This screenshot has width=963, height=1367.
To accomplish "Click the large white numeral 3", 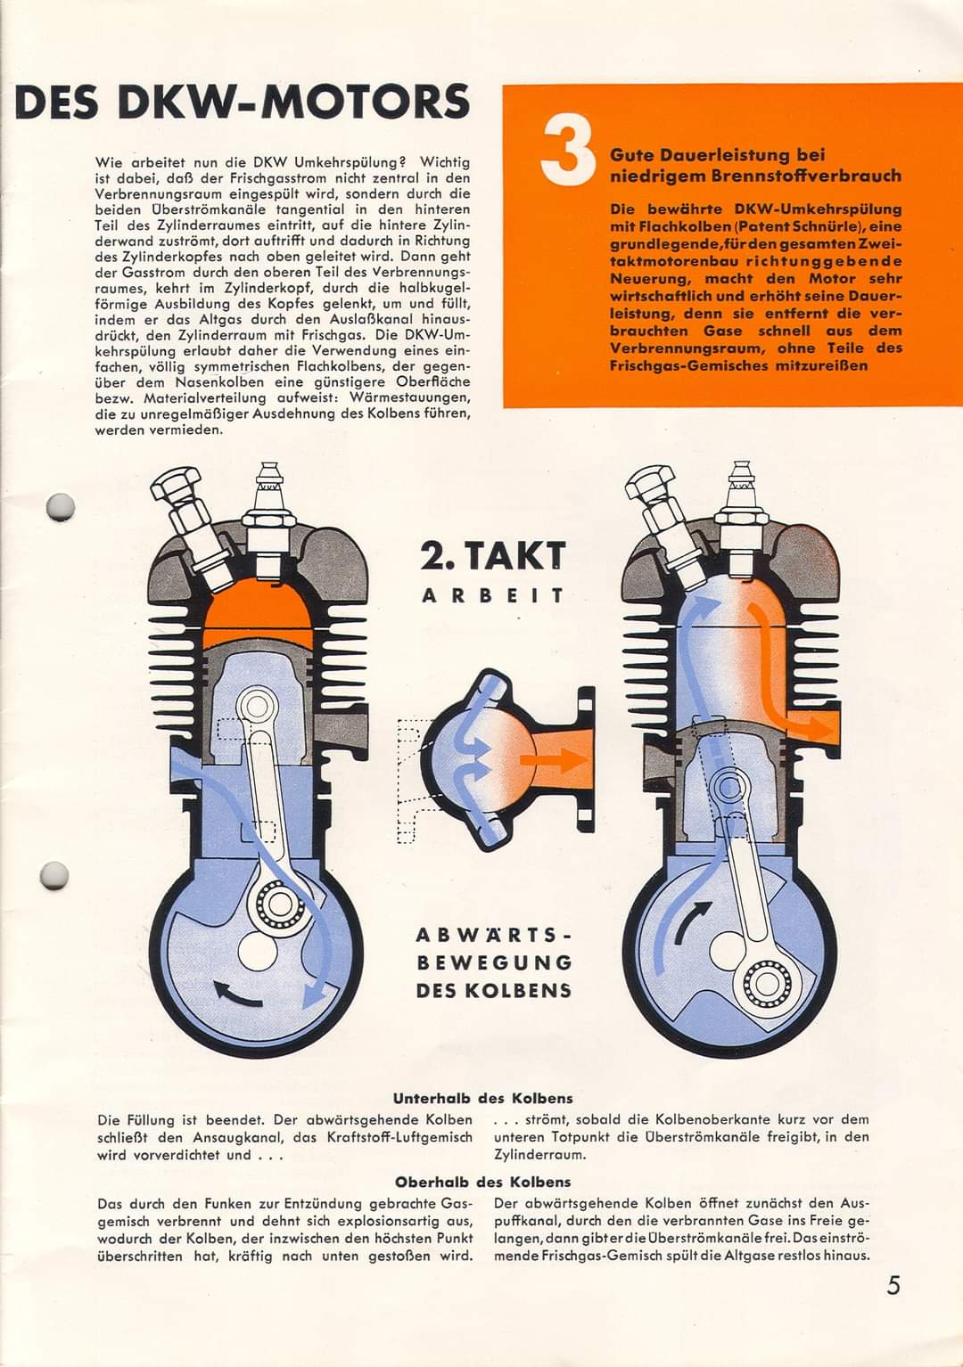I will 567,153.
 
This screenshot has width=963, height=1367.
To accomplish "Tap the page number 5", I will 893,1286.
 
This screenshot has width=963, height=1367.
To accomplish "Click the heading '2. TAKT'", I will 493,556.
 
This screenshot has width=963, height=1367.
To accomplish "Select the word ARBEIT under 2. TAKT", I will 493,595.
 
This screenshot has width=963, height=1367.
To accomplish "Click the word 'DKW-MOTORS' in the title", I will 295,102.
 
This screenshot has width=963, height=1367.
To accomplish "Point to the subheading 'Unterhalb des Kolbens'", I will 482,1098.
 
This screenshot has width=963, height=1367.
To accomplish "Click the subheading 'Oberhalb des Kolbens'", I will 482,1182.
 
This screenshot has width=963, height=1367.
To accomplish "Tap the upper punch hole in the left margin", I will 60,506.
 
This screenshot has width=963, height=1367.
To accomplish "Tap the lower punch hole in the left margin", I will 54,875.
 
